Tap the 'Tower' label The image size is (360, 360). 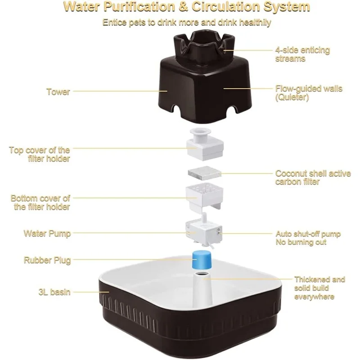click(x=58, y=92)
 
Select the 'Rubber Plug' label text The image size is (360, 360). click(x=47, y=260)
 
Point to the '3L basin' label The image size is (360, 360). click(x=54, y=292)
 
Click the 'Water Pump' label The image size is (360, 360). click(x=47, y=234)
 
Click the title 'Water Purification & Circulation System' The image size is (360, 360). click(x=186, y=7)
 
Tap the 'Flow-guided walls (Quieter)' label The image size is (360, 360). click(x=309, y=93)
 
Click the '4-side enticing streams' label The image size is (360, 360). click(x=302, y=54)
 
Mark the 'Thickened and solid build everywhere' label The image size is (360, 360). click(x=319, y=288)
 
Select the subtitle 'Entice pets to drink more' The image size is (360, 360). click(x=186, y=22)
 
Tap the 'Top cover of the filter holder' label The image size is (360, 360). click(x=40, y=154)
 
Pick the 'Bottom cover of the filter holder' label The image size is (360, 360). click(x=40, y=202)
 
